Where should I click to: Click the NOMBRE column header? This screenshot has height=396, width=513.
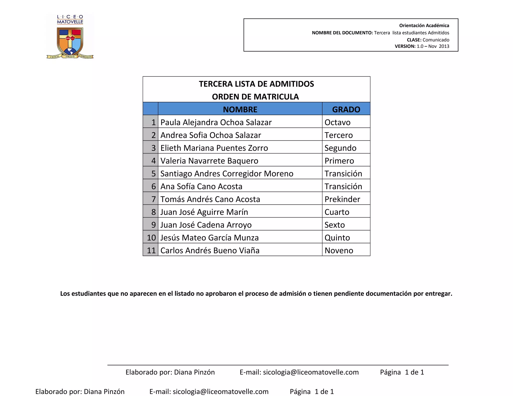(x=240, y=109)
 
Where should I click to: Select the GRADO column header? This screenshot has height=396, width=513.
(x=346, y=109)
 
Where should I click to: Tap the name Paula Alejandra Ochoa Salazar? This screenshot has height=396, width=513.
(x=216, y=122)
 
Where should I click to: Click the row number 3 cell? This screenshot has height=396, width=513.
(x=151, y=148)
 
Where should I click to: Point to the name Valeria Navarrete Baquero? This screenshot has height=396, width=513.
(x=209, y=161)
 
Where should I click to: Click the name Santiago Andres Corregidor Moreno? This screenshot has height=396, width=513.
(x=227, y=173)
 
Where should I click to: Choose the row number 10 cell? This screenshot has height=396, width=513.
(x=151, y=238)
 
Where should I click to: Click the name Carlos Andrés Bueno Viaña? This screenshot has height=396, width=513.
(x=210, y=250)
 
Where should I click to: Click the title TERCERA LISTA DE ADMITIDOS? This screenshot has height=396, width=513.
(x=256, y=84)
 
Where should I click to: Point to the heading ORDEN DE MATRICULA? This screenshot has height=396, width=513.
(x=255, y=97)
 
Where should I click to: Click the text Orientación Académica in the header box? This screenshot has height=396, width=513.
(x=424, y=26)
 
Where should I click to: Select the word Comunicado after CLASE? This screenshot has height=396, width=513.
(x=436, y=40)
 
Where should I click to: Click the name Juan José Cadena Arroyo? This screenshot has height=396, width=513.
(x=206, y=225)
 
